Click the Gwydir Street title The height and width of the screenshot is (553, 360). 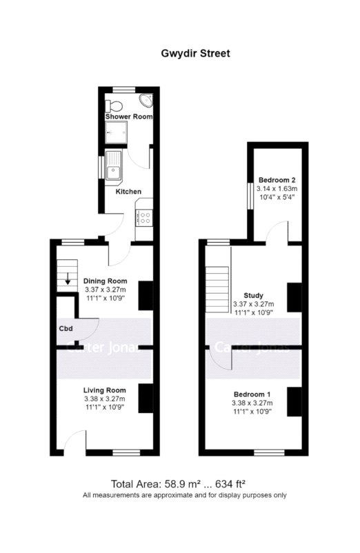click(195, 54)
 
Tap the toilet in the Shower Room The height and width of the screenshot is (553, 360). click(114, 105)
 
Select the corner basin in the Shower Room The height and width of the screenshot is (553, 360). click(146, 100)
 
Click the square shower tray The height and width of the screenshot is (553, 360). click(116, 132)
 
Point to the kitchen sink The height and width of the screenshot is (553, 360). click(113, 168)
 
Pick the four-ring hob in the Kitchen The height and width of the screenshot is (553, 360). click(145, 218)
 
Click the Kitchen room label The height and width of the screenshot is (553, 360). click(128, 192)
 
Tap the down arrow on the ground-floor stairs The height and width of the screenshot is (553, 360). click(67, 280)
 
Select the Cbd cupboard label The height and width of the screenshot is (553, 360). click(66, 329)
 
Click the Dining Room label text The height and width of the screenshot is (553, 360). click(105, 281)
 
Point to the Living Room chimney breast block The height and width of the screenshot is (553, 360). click(146, 398)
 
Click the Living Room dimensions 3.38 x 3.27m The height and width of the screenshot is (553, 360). click(105, 399)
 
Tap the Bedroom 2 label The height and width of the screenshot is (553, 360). click(277, 180)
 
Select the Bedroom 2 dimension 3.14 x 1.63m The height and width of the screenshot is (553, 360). click(277, 189)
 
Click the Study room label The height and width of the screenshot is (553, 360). click(254, 296)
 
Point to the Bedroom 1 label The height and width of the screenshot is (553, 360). click(252, 394)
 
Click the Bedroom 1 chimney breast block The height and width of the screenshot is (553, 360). click(294, 402)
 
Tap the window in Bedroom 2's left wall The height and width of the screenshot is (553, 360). click(250, 196)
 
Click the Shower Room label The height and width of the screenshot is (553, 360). click(129, 117)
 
